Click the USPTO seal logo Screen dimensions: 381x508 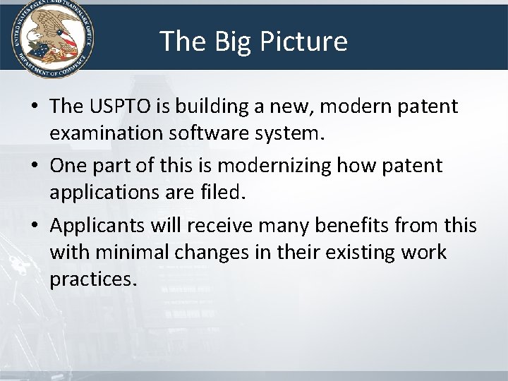coord(51,37)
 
